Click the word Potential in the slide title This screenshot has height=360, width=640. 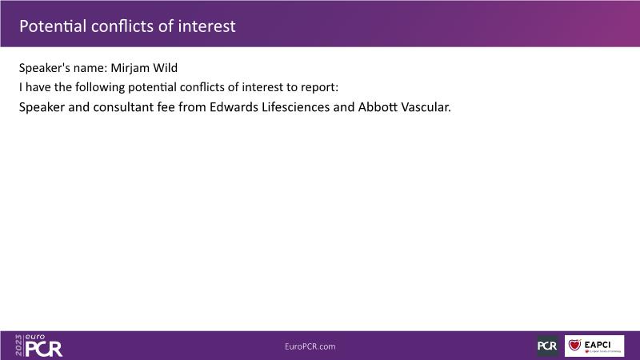[53, 26]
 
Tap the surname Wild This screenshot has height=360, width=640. [166, 68]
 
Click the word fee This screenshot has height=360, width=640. [166, 107]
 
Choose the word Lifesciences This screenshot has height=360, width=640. [295, 107]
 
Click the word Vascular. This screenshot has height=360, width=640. [426, 107]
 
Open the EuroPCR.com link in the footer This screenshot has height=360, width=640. [310, 346]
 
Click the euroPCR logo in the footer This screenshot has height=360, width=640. [39, 346]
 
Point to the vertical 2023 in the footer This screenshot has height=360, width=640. [18, 346]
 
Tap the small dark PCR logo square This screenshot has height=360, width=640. [547, 346]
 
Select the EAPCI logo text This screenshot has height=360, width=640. [598, 345]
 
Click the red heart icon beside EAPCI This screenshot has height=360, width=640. [574, 345]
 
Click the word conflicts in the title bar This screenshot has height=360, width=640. [122, 26]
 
